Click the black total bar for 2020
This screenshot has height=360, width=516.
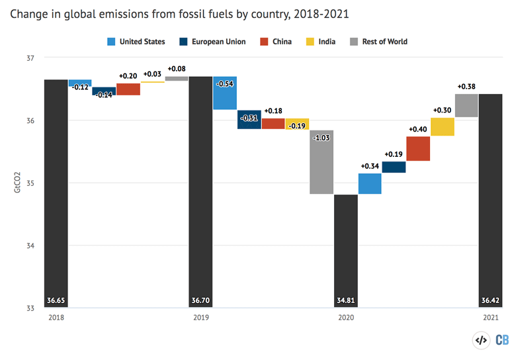[x=345, y=251]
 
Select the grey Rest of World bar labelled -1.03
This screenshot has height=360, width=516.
[x=322, y=162]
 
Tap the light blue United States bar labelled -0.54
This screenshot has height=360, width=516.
[x=225, y=93]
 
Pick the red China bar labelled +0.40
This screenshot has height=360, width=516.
[x=418, y=149]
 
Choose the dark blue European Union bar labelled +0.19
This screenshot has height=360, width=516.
[x=394, y=167]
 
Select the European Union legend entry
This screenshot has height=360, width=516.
[x=214, y=42]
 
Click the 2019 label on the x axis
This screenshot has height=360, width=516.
[x=200, y=318]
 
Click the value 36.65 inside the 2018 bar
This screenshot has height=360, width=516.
[x=56, y=301]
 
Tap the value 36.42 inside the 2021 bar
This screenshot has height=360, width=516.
[x=490, y=301]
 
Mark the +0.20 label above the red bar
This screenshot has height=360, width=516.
[x=128, y=76]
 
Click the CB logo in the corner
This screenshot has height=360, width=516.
[x=501, y=341]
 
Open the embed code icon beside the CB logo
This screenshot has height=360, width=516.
[x=481, y=341]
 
